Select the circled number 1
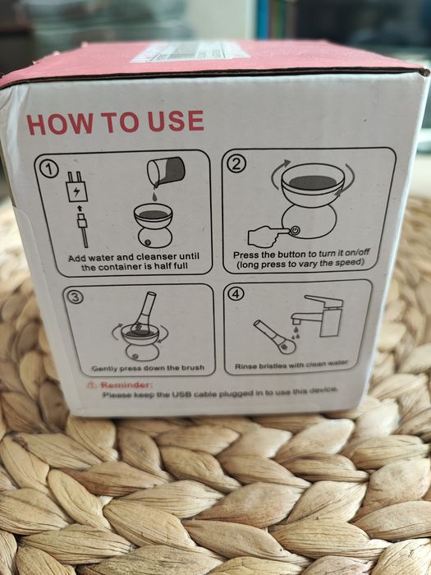coord(49,170)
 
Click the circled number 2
coord(236,164)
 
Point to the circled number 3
coord(75,297)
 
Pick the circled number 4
coord(234,293)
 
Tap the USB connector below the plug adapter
coord(82,229)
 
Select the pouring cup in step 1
coord(166,170)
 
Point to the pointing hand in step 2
coord(269,236)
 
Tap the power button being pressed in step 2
coord(296,230)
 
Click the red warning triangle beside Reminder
coord(92,384)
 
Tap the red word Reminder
coord(126,385)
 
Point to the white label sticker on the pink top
coord(190,51)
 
